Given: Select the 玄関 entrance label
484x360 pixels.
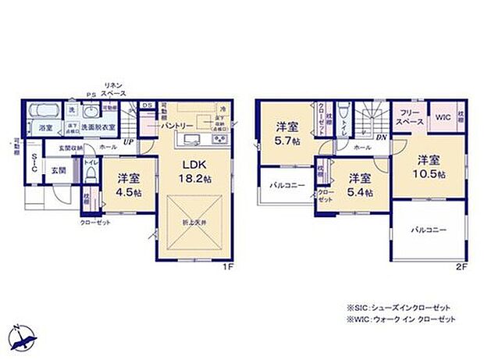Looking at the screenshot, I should [x=59, y=170].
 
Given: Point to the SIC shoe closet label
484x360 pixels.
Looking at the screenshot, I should [x=34, y=162].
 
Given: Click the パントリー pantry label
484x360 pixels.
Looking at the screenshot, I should [x=178, y=125].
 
